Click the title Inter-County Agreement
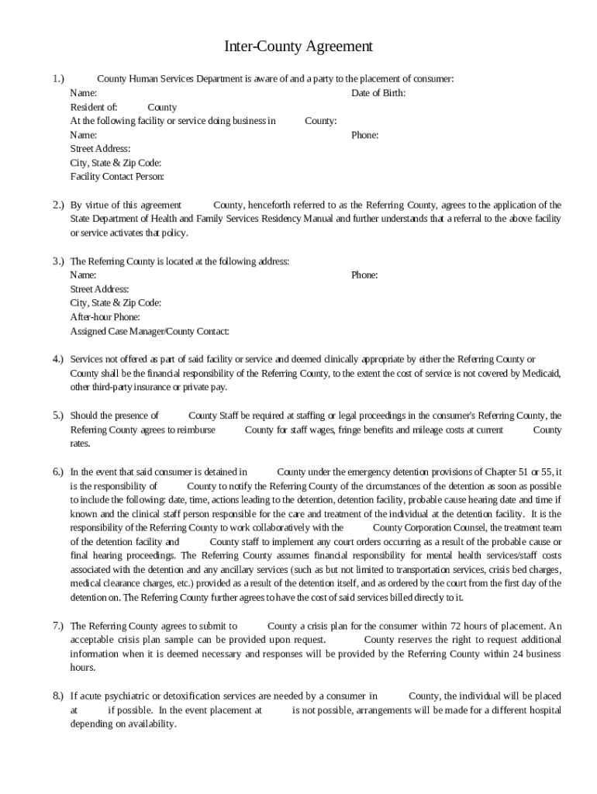[x=298, y=47]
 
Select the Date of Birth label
[x=378, y=93]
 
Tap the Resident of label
[x=94, y=107]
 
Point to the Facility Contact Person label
[x=117, y=177]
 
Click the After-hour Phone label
[x=105, y=317]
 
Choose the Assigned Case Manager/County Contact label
[x=150, y=331]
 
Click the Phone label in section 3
[x=364, y=275]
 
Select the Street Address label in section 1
[x=100, y=149]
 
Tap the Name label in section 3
[x=83, y=275]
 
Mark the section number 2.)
[x=58, y=205]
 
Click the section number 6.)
[x=58, y=471]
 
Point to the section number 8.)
[x=58, y=696]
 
